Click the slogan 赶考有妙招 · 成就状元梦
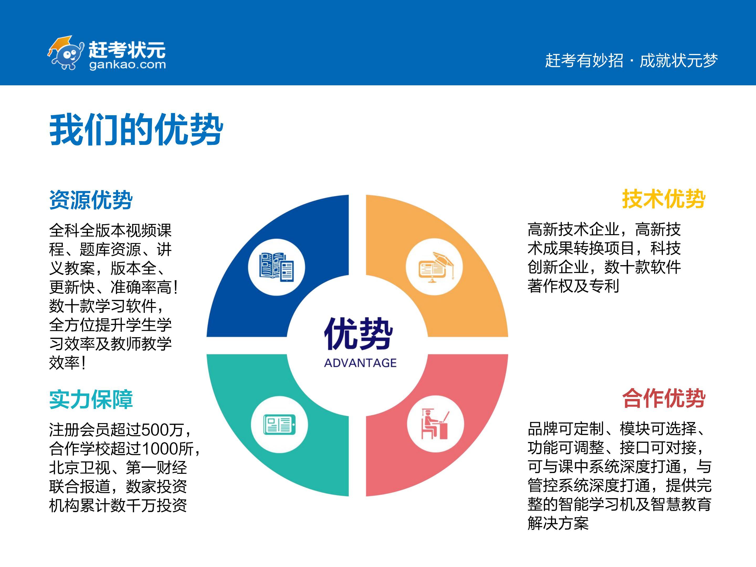click(x=631, y=60)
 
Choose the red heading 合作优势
click(x=664, y=398)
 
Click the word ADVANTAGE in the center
click(x=360, y=363)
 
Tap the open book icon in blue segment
click(x=276, y=267)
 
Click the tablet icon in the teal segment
click(x=279, y=424)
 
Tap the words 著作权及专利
click(x=573, y=286)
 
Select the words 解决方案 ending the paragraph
click(x=558, y=523)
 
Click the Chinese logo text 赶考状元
click(x=127, y=50)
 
